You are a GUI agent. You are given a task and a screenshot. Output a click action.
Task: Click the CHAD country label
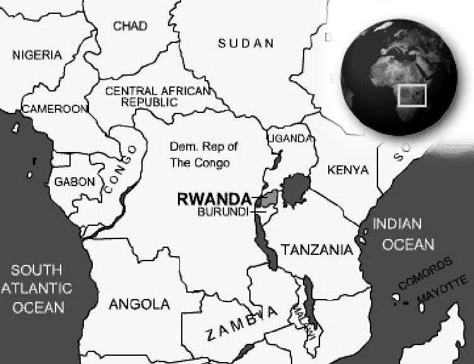(x=130, y=26)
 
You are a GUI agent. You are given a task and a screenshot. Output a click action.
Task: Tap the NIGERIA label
(x=37, y=56)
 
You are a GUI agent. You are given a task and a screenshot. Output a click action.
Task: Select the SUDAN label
(x=246, y=44)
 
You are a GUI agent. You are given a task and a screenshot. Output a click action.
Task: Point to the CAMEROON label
(x=54, y=109)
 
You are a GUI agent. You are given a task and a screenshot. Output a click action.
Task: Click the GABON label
(x=74, y=182)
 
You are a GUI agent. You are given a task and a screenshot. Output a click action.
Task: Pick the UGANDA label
(x=290, y=138)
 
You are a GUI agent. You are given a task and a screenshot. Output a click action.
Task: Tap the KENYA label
(x=348, y=170)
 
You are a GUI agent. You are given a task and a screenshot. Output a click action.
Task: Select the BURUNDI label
(x=222, y=211)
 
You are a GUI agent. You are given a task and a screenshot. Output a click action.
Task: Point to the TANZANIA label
(x=317, y=250)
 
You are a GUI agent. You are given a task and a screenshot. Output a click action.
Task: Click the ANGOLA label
(x=139, y=304)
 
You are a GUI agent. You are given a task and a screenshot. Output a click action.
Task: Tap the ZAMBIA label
(x=242, y=323)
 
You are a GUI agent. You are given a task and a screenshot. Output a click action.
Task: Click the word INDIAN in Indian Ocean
(x=396, y=224)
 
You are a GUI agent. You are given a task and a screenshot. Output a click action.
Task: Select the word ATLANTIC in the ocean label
(x=37, y=289)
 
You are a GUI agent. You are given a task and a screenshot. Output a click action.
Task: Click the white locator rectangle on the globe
(x=413, y=96)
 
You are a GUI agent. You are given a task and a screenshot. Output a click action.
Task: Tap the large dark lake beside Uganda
(x=293, y=191)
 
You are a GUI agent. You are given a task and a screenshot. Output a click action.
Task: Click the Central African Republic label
(x=157, y=96)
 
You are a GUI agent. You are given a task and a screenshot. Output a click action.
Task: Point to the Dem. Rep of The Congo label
(x=203, y=155)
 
